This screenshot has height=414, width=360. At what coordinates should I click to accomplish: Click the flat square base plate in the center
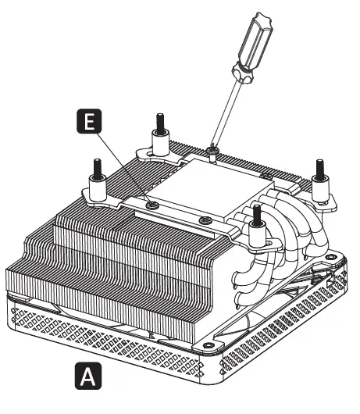pyautogui.click(x=187, y=184)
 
